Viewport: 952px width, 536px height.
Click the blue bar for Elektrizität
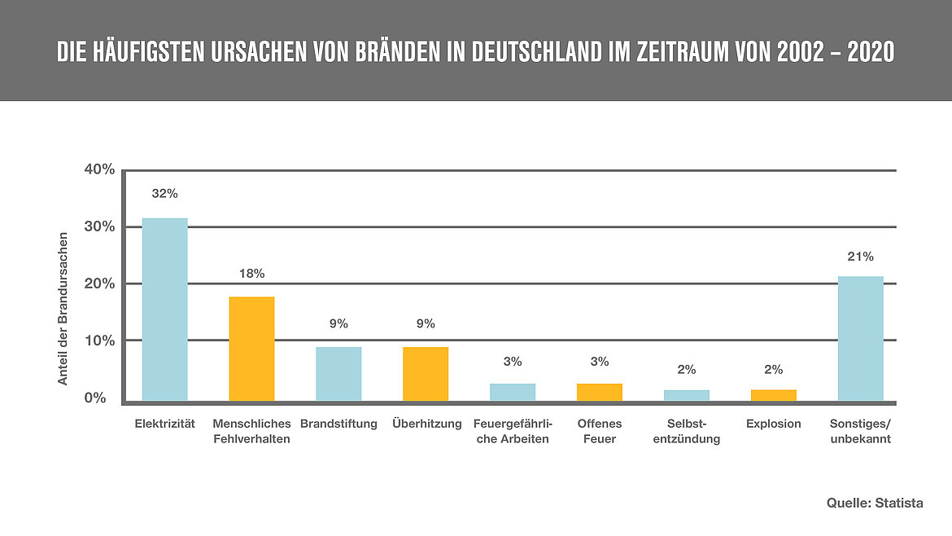click(x=165, y=310)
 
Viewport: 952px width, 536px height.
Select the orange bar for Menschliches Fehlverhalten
click(x=251, y=349)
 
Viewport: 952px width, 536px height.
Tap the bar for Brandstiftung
click(x=338, y=374)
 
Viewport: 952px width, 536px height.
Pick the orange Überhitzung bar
click(x=426, y=374)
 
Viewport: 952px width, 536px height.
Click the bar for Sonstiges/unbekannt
click(x=860, y=338)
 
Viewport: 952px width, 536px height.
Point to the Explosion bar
click(x=773, y=395)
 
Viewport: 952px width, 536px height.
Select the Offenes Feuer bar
click(x=600, y=392)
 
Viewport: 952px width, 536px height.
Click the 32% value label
click(x=165, y=194)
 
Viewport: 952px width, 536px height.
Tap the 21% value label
click(x=860, y=257)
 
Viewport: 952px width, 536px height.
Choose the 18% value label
click(x=251, y=274)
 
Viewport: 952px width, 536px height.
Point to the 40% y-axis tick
click(x=99, y=169)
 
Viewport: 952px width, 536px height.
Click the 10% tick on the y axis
click(x=99, y=340)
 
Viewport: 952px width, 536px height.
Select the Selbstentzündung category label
click(x=686, y=431)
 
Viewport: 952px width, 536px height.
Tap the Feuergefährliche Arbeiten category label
click(x=512, y=431)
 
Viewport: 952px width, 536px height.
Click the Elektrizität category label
click(x=165, y=424)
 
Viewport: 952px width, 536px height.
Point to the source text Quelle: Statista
click(x=875, y=503)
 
